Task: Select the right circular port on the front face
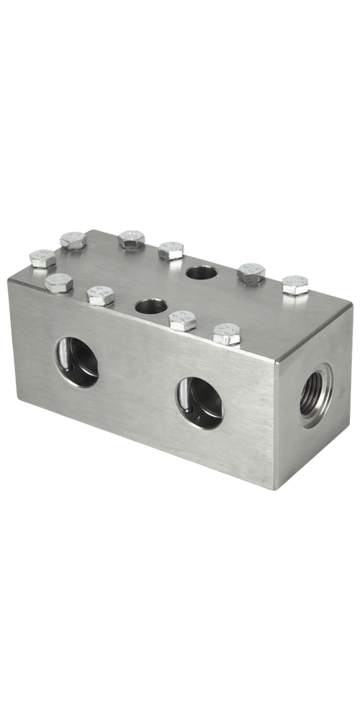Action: [199, 402]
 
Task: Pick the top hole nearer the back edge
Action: [200, 272]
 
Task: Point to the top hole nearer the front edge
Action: [150, 306]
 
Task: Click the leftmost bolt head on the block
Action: [43, 258]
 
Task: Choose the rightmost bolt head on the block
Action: [295, 285]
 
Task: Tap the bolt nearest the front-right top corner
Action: [226, 333]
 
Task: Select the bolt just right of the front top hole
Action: [183, 320]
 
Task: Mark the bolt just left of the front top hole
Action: [100, 295]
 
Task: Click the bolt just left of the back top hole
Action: [171, 251]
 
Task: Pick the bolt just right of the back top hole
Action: [251, 272]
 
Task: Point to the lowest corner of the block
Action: [274, 489]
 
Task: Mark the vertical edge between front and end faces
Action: [276, 425]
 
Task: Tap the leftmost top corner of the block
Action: [9, 280]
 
